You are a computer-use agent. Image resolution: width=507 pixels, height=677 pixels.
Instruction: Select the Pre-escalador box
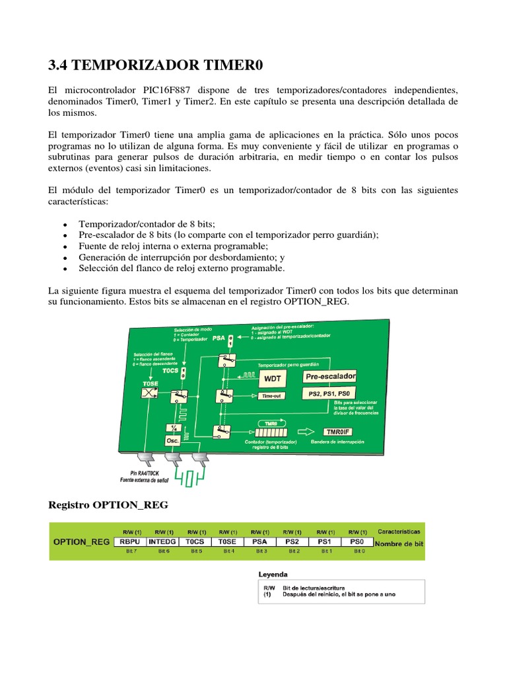tap(330, 376)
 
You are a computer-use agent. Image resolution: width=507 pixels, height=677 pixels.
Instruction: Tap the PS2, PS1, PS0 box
tap(329, 393)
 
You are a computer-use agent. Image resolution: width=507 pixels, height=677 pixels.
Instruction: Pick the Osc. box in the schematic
tap(172, 440)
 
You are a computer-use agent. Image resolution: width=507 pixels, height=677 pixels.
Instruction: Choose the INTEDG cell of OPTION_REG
tap(162, 541)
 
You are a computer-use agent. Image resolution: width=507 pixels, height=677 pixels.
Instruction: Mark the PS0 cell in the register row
tap(358, 541)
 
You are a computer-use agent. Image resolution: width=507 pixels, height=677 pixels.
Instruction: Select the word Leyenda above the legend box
tap(272, 575)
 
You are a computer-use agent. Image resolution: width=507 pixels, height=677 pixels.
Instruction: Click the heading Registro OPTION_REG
tap(109, 505)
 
